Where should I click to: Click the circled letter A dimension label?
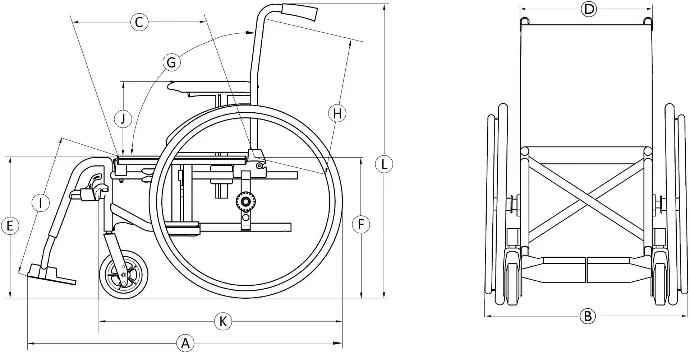(x=185, y=343)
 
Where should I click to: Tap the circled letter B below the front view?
(x=587, y=316)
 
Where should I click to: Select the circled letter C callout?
(x=139, y=22)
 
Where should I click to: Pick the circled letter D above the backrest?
(x=588, y=9)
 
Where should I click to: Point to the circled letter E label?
(x=10, y=226)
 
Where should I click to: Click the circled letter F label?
(x=361, y=225)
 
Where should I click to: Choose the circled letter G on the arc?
(x=171, y=62)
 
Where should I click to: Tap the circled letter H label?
(x=337, y=114)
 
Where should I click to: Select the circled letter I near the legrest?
(x=40, y=203)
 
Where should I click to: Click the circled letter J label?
(x=124, y=118)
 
